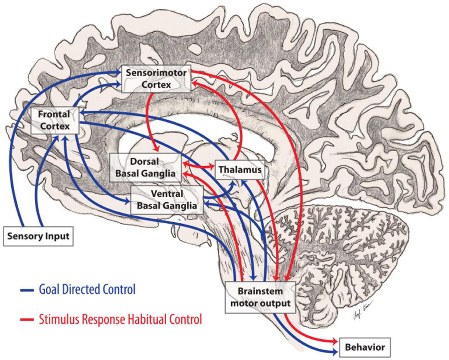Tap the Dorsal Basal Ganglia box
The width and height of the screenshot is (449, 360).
click(145, 168)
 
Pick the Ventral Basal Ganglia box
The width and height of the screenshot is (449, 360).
click(167, 199)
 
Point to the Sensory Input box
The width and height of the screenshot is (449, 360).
click(38, 236)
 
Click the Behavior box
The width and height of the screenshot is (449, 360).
click(365, 347)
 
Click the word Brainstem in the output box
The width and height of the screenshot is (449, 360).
click(260, 292)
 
